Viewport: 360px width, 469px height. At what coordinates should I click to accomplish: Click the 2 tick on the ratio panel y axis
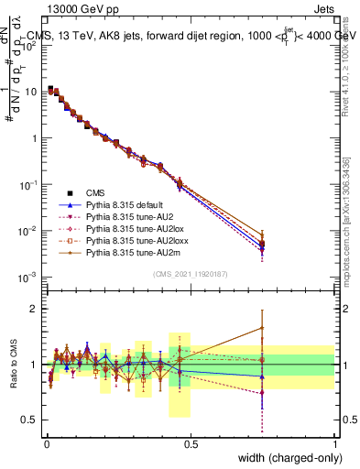click(x=37, y=309)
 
